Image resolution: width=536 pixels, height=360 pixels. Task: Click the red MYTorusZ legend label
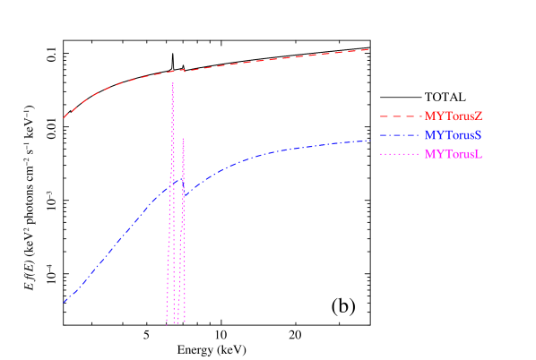(454, 116)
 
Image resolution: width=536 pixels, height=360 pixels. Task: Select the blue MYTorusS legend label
(454, 135)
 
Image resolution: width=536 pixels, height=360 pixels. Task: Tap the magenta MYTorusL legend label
(454, 154)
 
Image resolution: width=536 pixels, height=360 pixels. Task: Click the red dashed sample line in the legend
(399, 116)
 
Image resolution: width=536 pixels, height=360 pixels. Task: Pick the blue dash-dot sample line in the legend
(399, 135)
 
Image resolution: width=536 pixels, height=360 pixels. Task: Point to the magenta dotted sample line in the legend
(399, 154)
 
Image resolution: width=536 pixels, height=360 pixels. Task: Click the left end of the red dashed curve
(64, 117)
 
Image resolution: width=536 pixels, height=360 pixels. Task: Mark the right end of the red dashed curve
(369, 49)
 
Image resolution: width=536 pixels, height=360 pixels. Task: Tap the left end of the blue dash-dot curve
(64, 303)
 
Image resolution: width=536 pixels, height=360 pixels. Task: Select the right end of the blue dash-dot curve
(369, 140)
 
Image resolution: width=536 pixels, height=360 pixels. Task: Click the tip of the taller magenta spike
(172, 83)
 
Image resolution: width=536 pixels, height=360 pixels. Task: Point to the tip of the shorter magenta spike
(183, 138)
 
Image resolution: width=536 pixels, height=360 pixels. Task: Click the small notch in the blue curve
(185, 194)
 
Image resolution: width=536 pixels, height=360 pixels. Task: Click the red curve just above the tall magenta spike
(172, 71)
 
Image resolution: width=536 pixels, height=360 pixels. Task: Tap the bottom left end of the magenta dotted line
(167, 321)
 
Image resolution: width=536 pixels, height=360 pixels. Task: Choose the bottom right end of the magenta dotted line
(185, 321)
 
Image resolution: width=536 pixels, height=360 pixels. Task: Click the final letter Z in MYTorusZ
(479, 116)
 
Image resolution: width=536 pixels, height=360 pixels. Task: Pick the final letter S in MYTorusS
(479, 135)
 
